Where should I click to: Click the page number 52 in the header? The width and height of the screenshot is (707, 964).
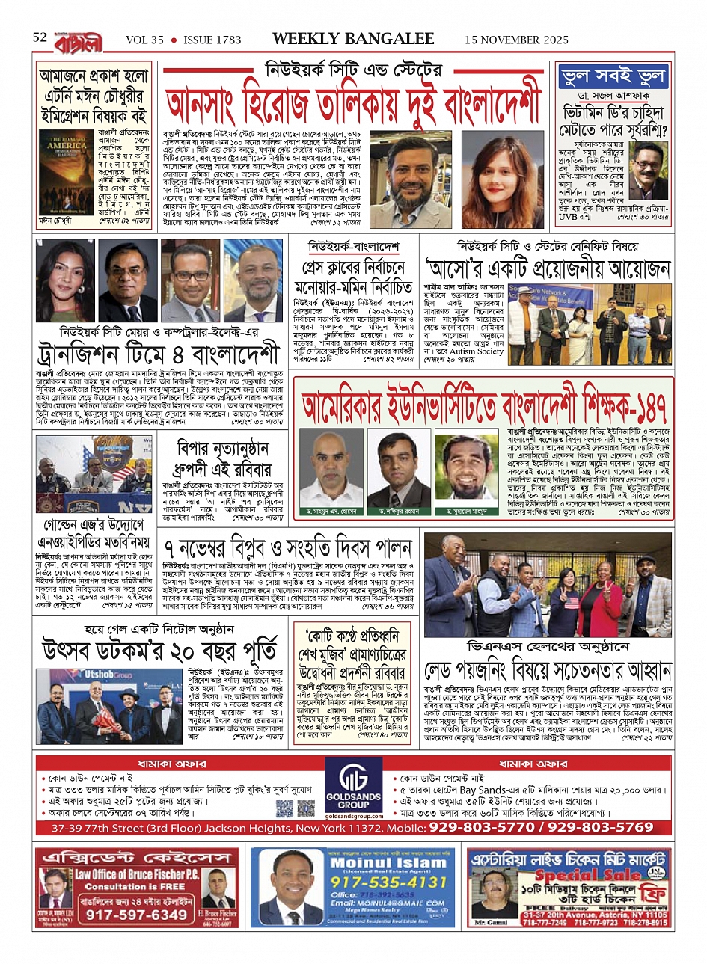pos(40,37)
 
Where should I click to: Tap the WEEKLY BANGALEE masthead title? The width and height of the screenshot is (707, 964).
pos(353,39)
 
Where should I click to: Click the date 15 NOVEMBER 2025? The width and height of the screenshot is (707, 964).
pos(516,40)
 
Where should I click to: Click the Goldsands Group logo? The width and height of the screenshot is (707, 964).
pos(354,788)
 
